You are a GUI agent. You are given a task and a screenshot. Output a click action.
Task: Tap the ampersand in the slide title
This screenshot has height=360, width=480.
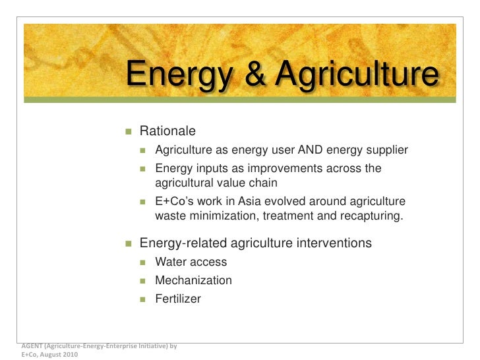(254, 74)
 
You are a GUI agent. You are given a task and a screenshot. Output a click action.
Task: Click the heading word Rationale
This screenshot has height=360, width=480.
(167, 133)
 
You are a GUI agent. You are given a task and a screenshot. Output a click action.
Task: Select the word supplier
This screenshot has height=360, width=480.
(386, 150)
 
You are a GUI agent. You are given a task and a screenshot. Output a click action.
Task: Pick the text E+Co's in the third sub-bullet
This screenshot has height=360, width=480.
(174, 201)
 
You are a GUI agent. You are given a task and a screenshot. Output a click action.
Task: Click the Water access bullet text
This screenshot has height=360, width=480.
(191, 262)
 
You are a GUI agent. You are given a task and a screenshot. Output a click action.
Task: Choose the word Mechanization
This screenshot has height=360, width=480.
(193, 280)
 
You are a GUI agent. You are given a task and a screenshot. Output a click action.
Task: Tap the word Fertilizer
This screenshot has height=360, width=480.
(178, 299)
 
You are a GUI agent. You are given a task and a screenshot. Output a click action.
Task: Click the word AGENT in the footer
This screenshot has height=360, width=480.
(30, 345)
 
